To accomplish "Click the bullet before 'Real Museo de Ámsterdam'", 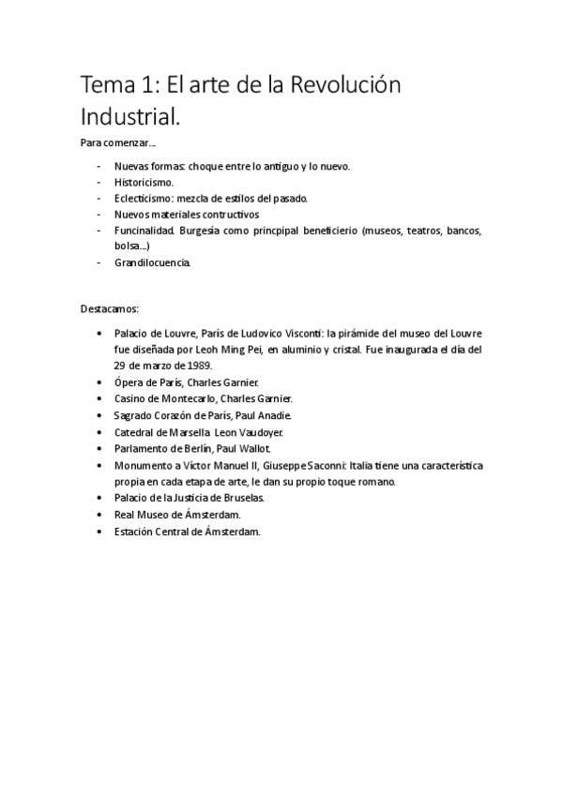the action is point(100,515).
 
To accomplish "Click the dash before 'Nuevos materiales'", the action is point(99,215).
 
